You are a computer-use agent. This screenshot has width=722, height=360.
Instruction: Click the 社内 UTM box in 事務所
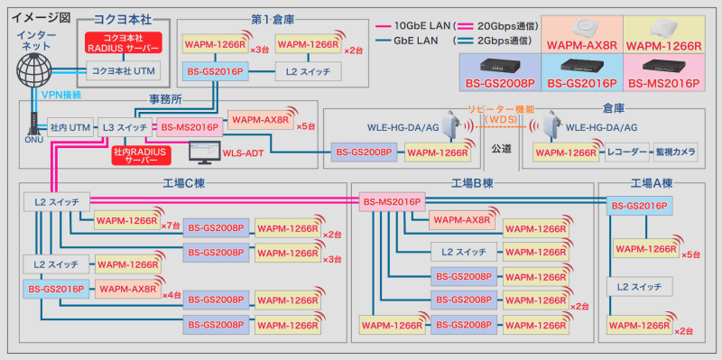(x=69, y=128)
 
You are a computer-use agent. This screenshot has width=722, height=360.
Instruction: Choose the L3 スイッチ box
(x=125, y=128)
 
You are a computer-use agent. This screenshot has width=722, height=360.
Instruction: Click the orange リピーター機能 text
(x=500, y=109)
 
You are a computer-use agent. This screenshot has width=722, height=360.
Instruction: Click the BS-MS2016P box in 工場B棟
(x=390, y=200)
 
